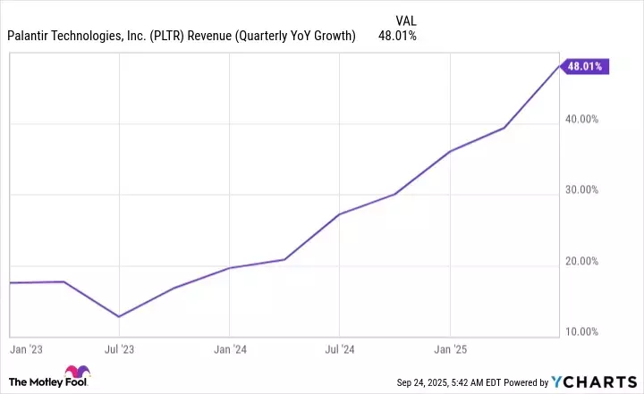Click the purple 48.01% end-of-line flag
click(585, 65)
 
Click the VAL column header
click(405, 20)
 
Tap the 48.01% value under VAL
click(398, 36)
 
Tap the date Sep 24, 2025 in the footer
click(428, 383)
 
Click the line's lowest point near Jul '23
click(119, 316)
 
